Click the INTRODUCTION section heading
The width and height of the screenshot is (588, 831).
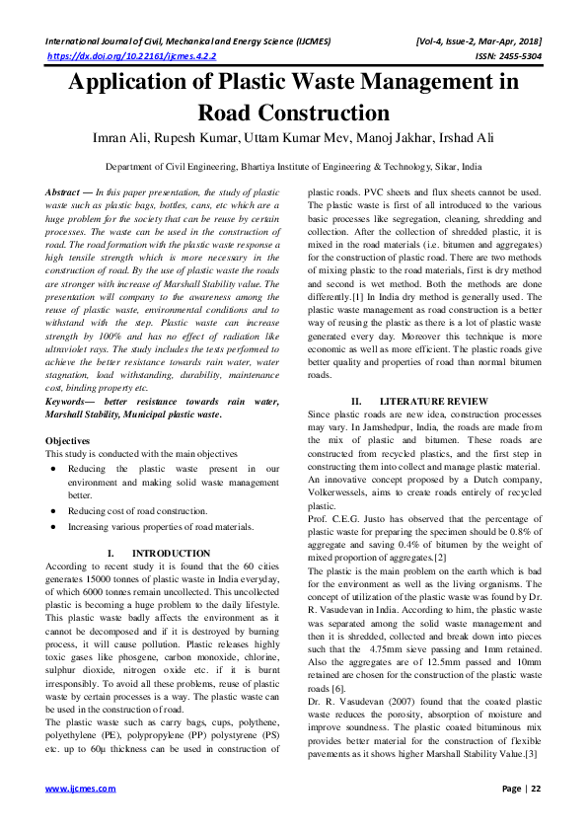(x=172, y=554)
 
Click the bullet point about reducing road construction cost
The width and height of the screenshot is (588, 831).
(x=138, y=510)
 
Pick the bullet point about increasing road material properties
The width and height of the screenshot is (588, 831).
(x=153, y=528)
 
